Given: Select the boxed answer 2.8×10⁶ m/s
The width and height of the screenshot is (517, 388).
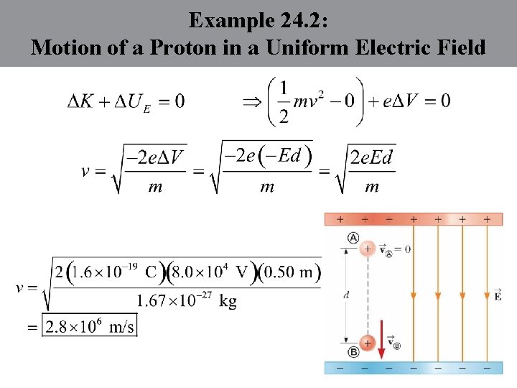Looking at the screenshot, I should (90, 327).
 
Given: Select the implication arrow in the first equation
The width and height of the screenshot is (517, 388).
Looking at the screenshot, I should (252, 101).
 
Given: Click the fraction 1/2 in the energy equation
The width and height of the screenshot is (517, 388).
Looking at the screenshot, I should (284, 101).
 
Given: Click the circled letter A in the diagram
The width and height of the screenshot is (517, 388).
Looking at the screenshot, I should (353, 238).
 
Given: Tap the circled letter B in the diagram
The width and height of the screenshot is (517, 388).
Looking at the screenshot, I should (353, 352).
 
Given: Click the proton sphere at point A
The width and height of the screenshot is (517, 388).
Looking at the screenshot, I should (368, 249).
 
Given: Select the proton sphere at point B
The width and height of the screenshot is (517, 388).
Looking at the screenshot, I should (368, 342).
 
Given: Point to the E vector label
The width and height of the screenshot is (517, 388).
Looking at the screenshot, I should (498, 294).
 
